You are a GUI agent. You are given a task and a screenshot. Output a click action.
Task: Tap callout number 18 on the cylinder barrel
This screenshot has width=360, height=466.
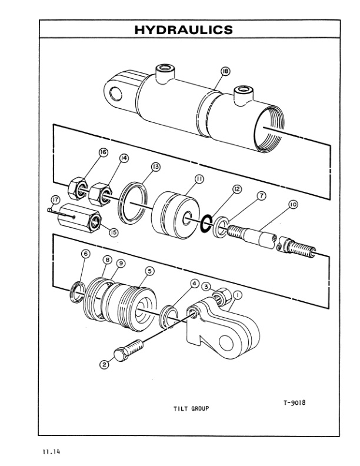point(225,72)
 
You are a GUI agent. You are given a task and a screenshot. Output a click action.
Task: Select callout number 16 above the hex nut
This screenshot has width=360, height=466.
point(104,152)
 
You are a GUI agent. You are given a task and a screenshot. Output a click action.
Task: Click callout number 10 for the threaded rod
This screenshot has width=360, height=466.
point(292,205)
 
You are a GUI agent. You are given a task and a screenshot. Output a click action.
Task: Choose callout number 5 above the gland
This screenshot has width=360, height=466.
point(149,271)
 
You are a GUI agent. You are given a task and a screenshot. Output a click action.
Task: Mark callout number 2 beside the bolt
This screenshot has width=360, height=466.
point(105,364)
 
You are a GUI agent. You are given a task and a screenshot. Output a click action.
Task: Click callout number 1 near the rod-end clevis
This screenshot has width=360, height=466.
point(238,294)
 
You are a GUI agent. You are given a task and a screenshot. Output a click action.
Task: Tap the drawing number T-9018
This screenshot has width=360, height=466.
point(296,403)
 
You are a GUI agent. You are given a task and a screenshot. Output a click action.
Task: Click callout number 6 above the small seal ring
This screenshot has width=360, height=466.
point(86,254)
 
